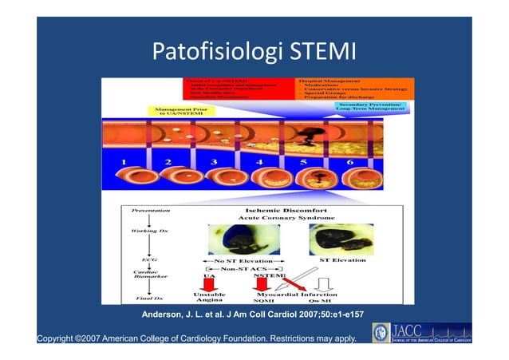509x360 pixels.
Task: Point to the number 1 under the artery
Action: click(x=124, y=164)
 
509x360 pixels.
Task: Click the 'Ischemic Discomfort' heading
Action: click(x=274, y=212)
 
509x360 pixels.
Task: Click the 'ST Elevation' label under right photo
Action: click(x=344, y=259)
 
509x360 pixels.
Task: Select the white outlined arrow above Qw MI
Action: click(x=323, y=283)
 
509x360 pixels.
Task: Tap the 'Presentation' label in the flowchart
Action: click(x=141, y=212)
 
